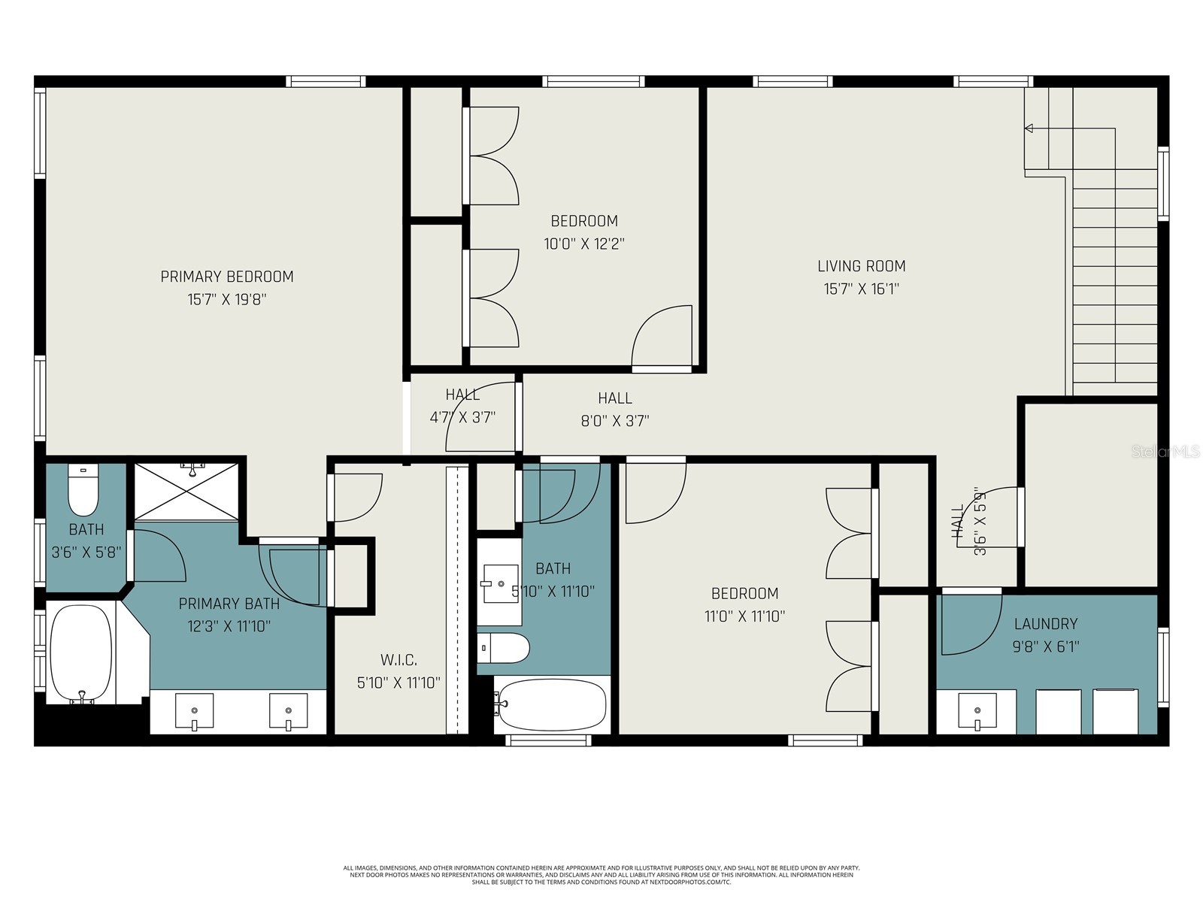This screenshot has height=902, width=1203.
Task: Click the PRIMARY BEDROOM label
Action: [x=226, y=277]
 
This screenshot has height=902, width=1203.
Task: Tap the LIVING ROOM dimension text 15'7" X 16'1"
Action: [x=861, y=289]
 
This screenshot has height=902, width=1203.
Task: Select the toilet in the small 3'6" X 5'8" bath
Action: [x=83, y=489]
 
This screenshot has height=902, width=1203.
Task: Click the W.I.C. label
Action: [x=398, y=660]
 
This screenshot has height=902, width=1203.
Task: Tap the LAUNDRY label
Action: [x=1045, y=623]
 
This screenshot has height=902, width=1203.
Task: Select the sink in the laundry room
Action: [x=977, y=711]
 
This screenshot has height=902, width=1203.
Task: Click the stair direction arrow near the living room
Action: [x=1029, y=129]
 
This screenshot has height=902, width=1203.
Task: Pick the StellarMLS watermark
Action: [x=1165, y=452]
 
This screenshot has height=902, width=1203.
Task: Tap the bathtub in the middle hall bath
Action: [x=552, y=704]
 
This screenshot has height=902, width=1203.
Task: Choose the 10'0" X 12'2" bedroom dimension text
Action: [x=584, y=244]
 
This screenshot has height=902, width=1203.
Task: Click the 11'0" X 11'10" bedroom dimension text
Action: [x=744, y=616]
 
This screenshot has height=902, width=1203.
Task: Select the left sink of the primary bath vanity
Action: [x=194, y=711]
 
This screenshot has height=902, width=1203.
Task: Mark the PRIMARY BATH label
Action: [x=229, y=604]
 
